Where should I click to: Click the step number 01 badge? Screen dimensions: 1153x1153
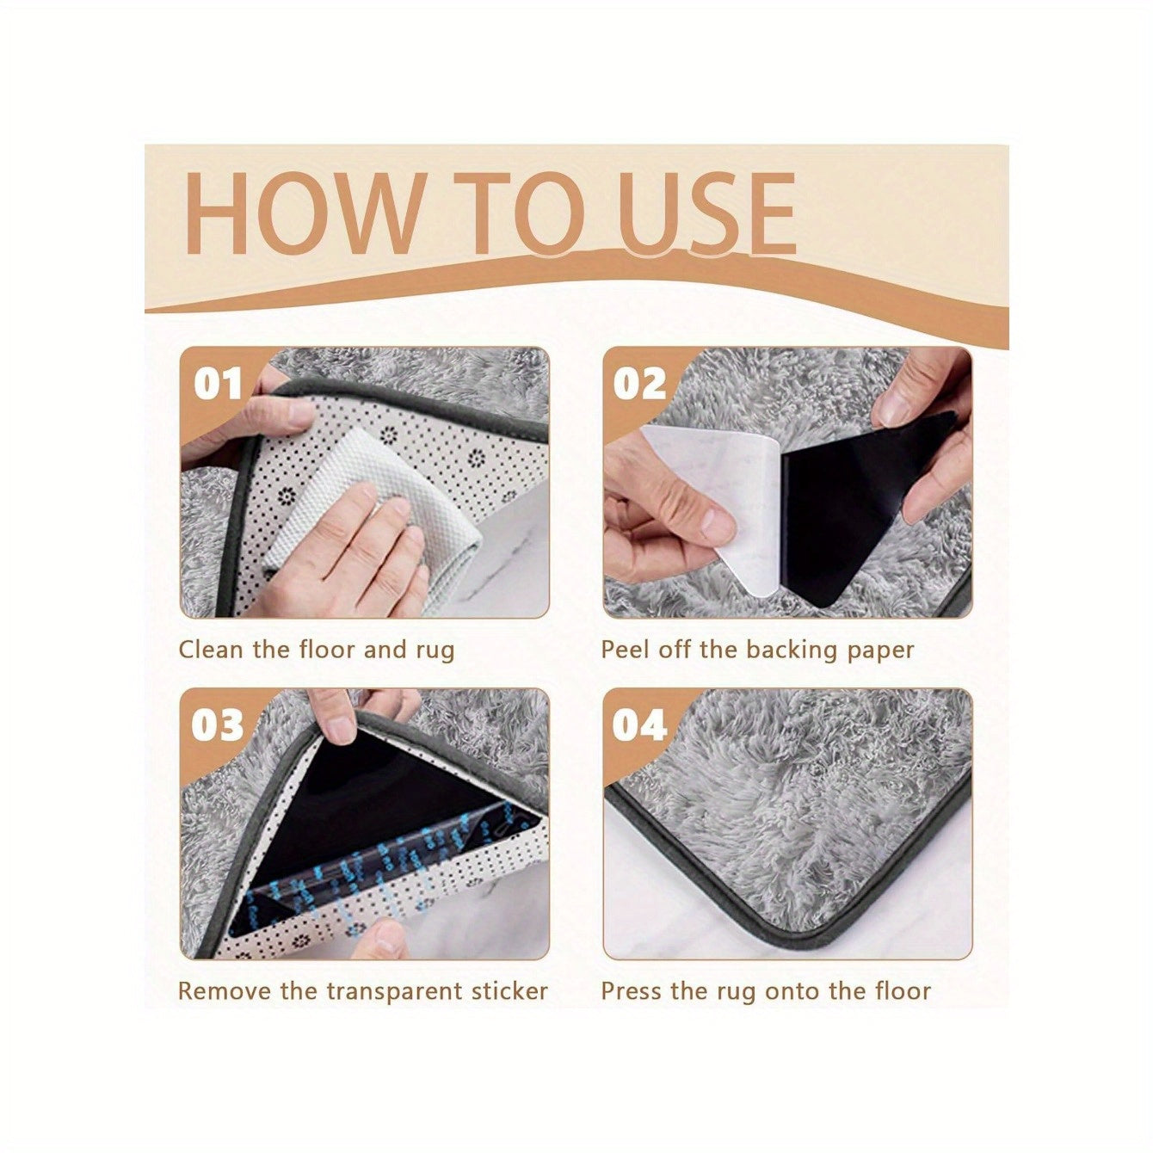217,384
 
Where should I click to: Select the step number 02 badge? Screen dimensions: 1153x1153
639,384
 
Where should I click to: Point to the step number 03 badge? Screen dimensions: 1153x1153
217,725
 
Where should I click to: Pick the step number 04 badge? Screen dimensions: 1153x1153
639,725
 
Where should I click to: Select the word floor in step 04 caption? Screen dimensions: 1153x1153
901,991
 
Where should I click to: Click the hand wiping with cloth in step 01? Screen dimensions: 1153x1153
361,551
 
